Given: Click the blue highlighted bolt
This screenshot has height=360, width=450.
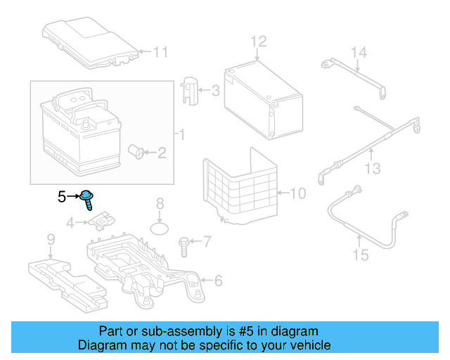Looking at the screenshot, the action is [86, 199].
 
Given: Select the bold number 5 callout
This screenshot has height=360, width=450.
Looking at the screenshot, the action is [62, 197].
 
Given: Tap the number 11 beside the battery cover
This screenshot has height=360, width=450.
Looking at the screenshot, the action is [161, 52].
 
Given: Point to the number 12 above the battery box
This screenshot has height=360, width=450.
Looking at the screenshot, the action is [259, 41].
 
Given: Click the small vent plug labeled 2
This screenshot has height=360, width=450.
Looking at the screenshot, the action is [136, 151].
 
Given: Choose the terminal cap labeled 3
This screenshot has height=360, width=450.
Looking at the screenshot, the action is [189, 91].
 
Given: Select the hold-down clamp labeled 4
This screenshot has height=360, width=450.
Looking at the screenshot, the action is [101, 220].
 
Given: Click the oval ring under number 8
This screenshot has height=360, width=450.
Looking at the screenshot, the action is [160, 229].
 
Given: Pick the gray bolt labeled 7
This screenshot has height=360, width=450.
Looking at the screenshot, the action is [183, 247].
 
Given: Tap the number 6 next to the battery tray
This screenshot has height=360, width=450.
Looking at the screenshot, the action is [219, 281].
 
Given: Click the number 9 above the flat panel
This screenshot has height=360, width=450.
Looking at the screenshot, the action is [51, 239].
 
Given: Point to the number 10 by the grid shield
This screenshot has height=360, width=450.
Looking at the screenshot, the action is [298, 193].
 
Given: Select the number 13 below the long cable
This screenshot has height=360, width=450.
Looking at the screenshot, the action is [373, 169].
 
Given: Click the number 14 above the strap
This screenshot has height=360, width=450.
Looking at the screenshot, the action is [359, 53].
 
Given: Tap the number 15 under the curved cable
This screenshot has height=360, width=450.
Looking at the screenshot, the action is [361, 255].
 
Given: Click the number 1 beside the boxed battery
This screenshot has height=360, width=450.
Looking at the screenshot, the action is [182, 134].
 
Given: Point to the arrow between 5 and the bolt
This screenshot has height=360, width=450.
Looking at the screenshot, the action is [73, 197].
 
